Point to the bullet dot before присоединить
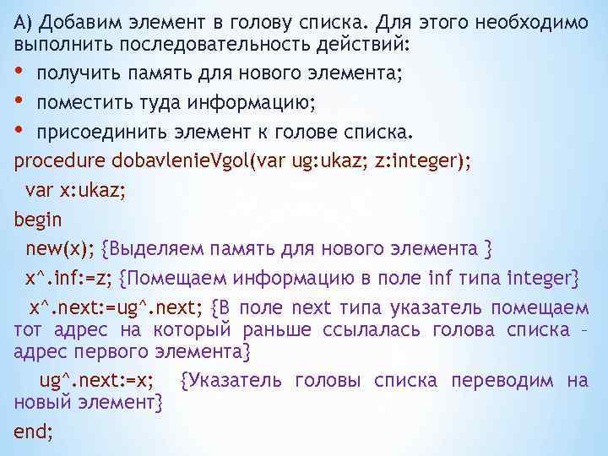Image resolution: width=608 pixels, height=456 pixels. [x=20, y=131]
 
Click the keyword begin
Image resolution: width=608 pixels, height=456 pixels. [x=38, y=220]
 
